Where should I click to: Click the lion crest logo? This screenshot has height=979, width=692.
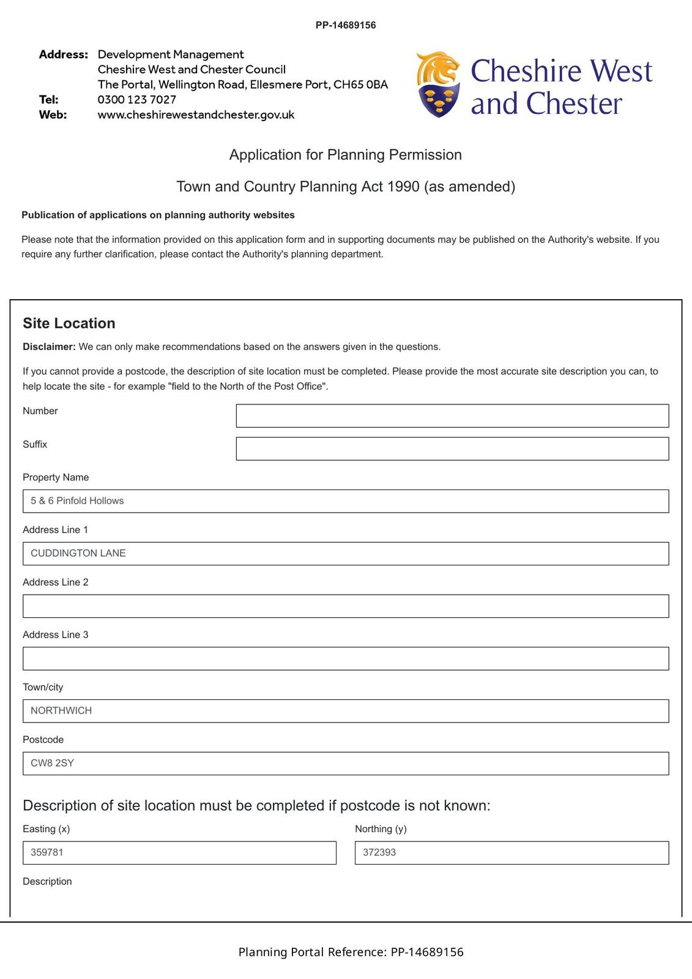click(x=438, y=84)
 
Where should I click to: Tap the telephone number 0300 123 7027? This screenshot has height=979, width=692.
click(x=137, y=100)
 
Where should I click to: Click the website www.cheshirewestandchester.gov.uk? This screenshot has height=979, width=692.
click(x=196, y=115)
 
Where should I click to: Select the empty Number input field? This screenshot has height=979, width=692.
click(x=452, y=416)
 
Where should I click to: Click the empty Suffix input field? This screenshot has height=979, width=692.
click(x=452, y=449)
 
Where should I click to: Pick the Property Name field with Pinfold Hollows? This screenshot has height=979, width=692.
click(x=346, y=501)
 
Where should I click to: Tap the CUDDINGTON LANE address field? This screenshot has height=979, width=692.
click(x=346, y=554)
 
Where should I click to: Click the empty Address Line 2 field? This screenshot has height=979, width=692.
click(x=346, y=606)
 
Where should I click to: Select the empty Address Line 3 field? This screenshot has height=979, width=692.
click(x=346, y=659)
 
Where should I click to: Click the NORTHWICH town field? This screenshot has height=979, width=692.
click(x=346, y=711)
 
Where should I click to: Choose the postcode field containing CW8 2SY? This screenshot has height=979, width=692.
click(x=346, y=764)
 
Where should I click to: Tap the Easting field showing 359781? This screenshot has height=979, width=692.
click(x=179, y=853)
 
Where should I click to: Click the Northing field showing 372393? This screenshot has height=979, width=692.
click(x=512, y=853)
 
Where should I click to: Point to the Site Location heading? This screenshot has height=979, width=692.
click(x=69, y=323)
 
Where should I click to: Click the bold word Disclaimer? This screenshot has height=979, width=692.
click(x=49, y=347)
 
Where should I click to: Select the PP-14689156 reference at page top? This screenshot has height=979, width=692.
click(x=346, y=25)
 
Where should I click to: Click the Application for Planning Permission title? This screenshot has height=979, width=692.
click(x=346, y=155)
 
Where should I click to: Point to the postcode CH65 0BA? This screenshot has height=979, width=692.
click(x=360, y=84)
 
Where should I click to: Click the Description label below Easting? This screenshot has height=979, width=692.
click(x=47, y=882)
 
